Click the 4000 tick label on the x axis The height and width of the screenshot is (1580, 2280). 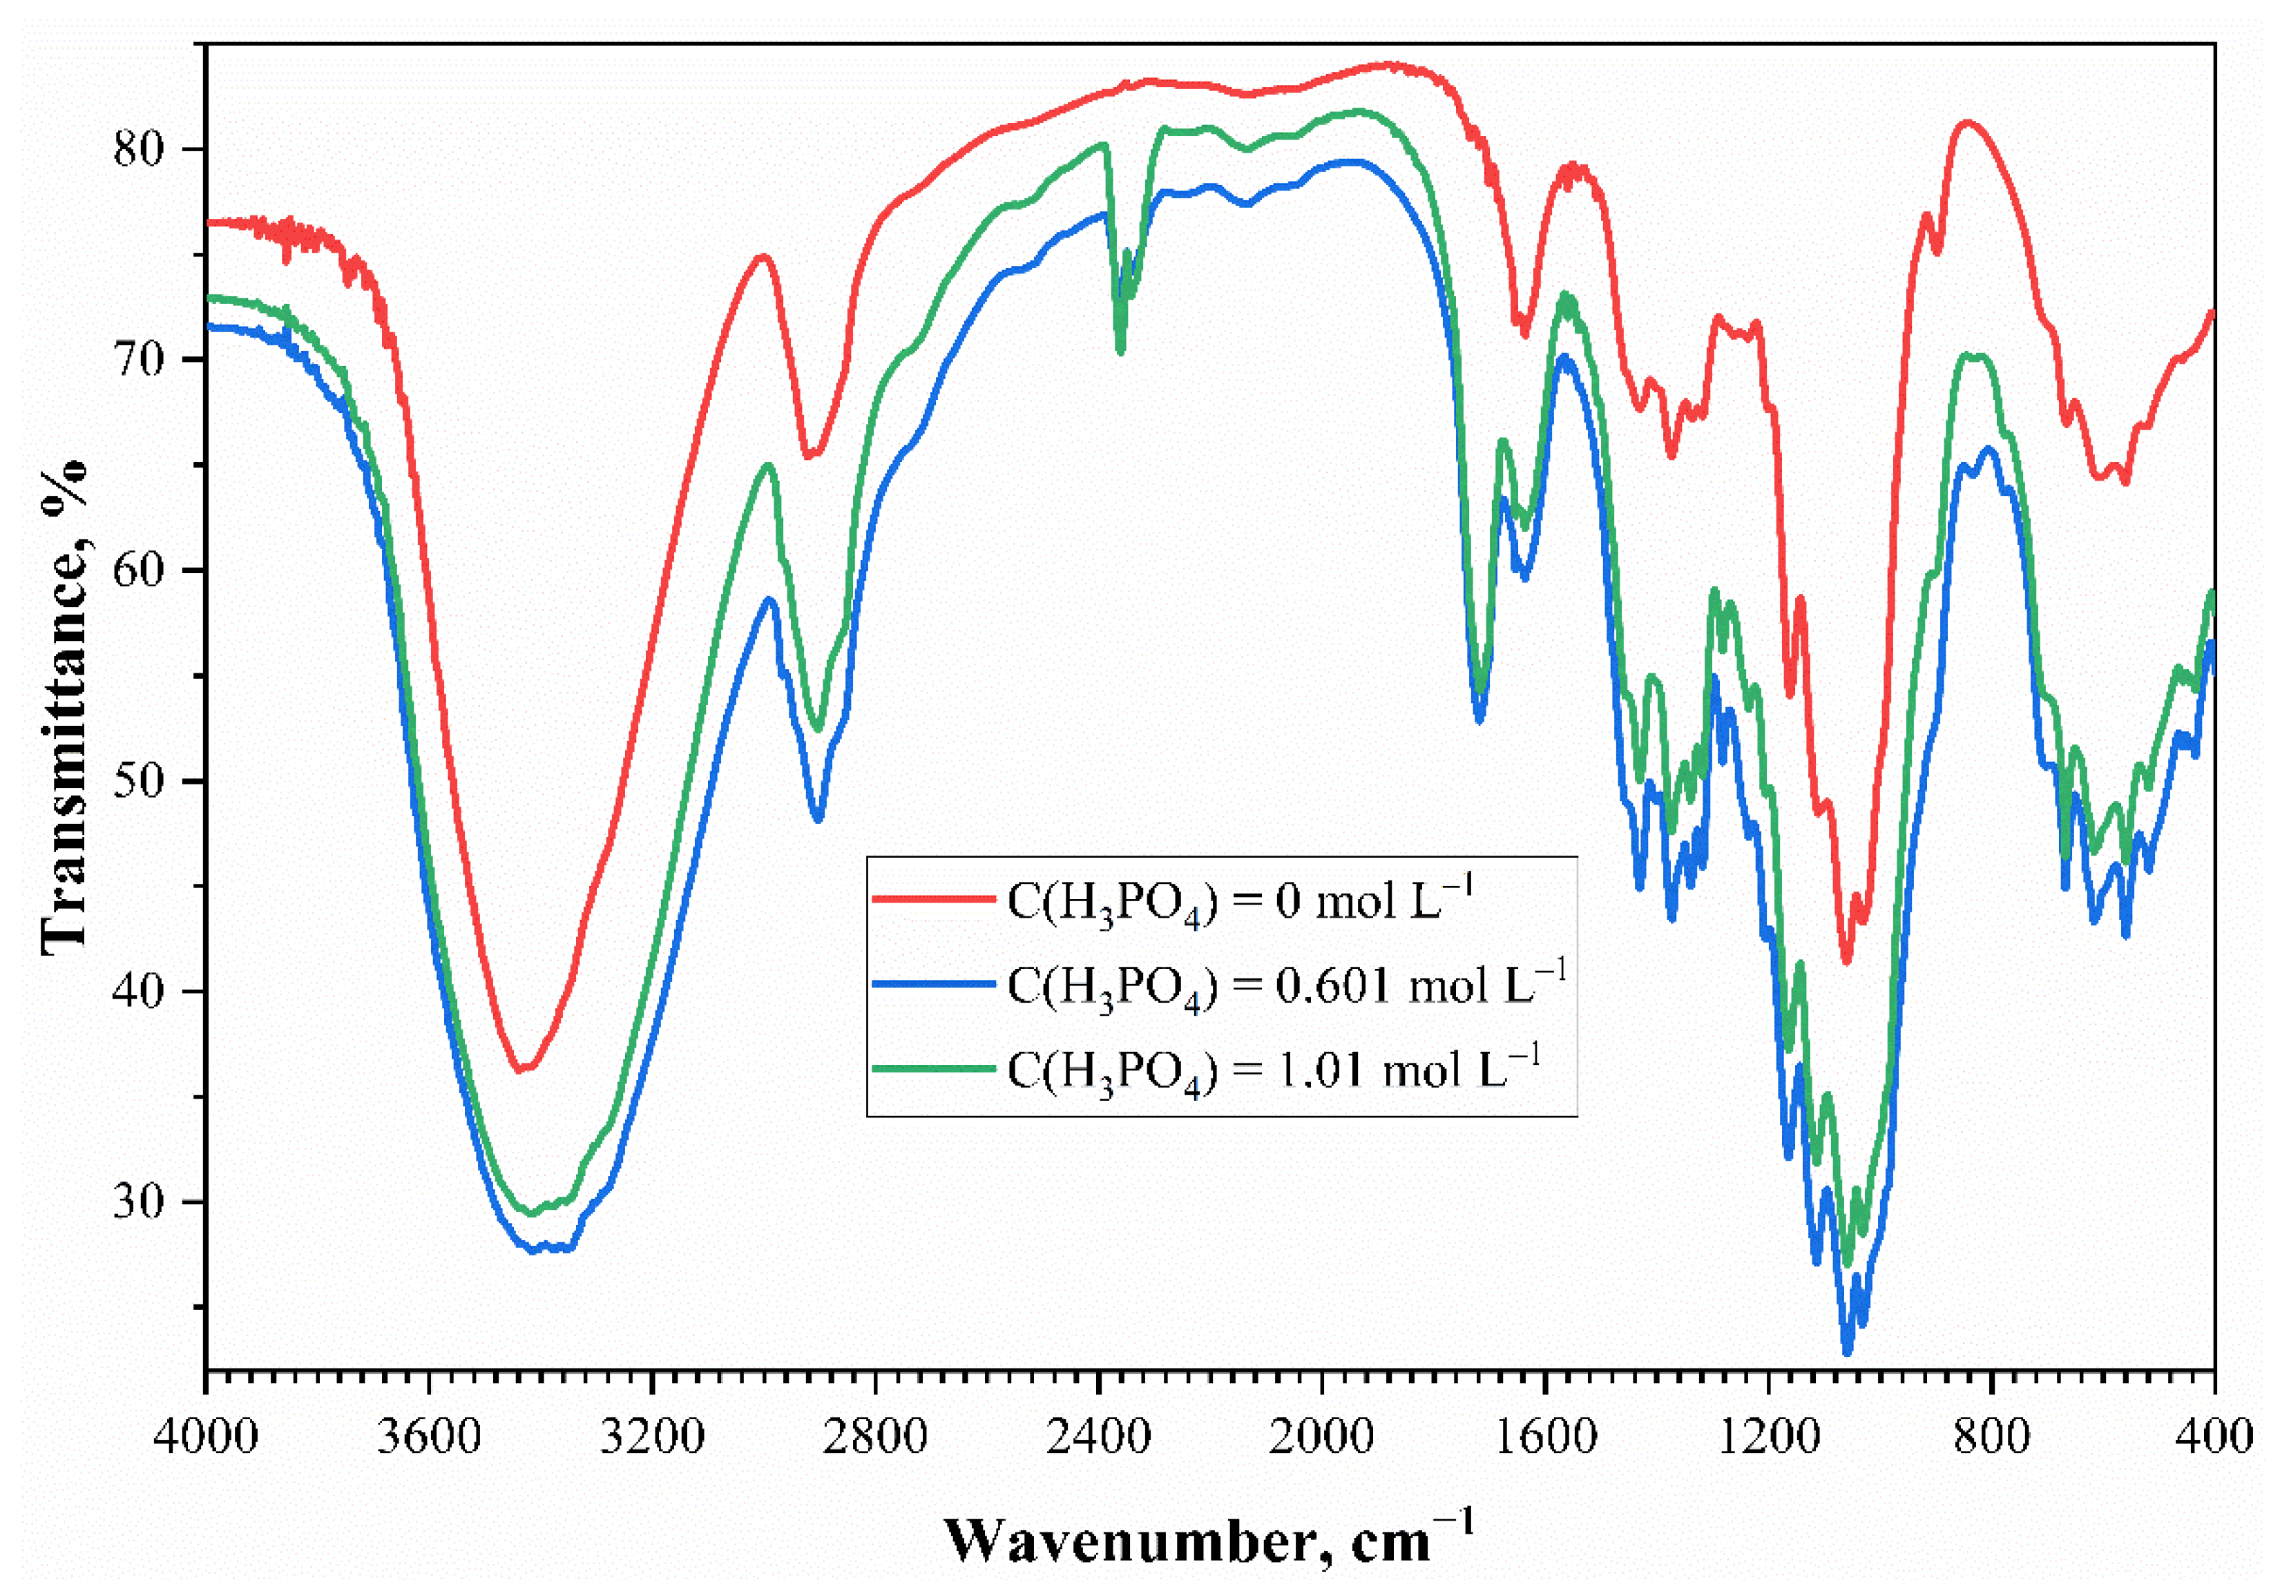tap(206, 1436)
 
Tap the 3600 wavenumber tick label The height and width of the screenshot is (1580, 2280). tap(429, 1436)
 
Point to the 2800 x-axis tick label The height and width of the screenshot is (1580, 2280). tap(875, 1436)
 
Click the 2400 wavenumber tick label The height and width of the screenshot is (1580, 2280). tap(1099, 1436)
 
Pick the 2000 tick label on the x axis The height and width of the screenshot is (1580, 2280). tap(1322, 1436)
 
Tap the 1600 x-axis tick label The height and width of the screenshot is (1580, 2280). tap(1545, 1436)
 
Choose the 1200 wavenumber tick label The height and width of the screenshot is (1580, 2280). tap(1768, 1436)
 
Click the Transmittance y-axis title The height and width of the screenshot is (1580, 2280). tap(64, 707)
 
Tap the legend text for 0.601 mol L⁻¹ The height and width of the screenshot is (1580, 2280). tap(1287, 985)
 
